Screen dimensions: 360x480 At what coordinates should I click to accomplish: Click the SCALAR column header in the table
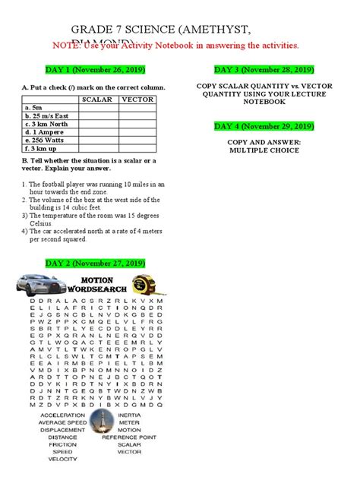pos(97,99)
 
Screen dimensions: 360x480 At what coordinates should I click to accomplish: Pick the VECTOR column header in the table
pos(138,99)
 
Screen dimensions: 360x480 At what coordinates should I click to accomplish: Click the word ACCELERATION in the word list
pos(62,416)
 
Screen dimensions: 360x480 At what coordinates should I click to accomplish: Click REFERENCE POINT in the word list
pos(130,437)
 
